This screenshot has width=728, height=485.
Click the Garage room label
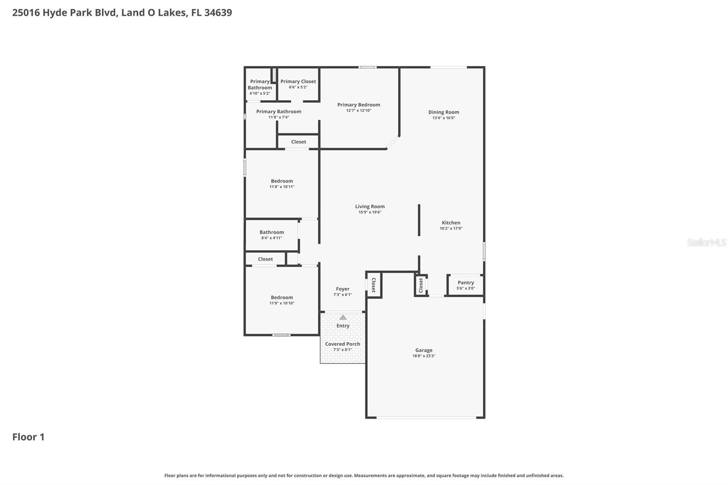[x=424, y=350]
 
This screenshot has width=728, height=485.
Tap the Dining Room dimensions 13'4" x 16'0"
[x=444, y=118]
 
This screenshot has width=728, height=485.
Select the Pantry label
[x=465, y=283]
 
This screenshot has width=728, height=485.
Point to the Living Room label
[x=370, y=207]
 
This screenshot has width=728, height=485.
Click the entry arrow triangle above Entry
[x=343, y=317]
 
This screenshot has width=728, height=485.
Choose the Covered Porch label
[x=342, y=344]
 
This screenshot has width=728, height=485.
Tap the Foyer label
[x=343, y=289]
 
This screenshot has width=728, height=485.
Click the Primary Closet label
[x=298, y=81]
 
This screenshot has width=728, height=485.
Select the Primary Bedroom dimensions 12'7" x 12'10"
[x=359, y=111]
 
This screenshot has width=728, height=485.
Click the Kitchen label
[x=451, y=223]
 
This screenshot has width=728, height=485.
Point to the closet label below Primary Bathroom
[x=298, y=142]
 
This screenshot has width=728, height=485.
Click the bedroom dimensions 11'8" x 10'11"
[x=282, y=187]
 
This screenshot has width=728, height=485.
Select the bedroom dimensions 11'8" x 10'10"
[x=282, y=303]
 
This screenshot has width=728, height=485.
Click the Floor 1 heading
[x=28, y=437]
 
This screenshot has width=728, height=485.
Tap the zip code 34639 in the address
[x=218, y=12]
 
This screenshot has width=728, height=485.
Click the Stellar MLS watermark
[x=706, y=242]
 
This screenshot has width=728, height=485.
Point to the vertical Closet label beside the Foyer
[x=374, y=285]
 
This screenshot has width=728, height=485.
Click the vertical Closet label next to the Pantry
[x=421, y=285]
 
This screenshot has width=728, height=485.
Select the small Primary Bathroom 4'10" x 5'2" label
[x=260, y=87]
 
